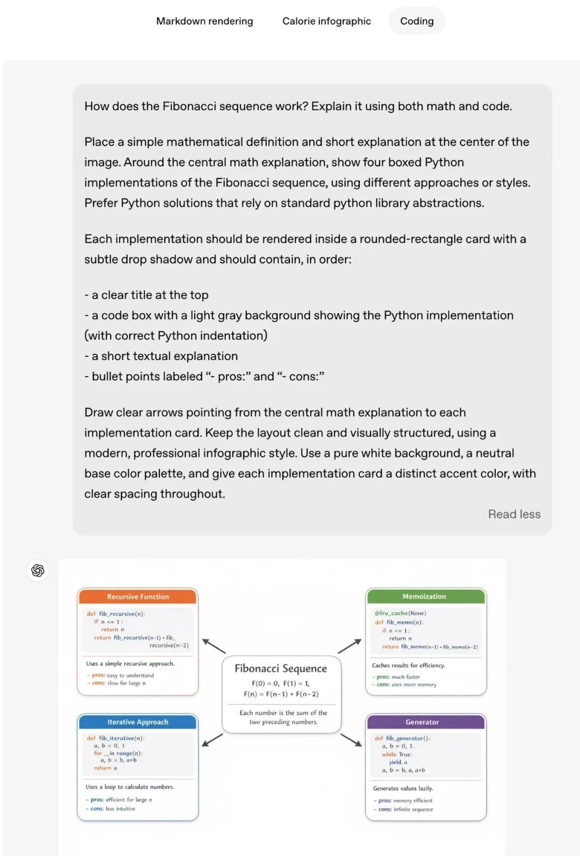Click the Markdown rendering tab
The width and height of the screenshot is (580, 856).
click(x=205, y=21)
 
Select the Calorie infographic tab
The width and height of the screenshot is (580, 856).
click(x=327, y=21)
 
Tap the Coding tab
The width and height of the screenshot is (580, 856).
click(x=417, y=21)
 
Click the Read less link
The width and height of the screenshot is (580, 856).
click(x=514, y=514)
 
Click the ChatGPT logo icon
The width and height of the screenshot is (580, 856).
click(x=38, y=570)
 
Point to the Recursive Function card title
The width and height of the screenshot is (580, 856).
click(x=138, y=596)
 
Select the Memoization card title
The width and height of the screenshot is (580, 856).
click(x=424, y=596)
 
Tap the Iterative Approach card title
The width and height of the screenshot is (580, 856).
click(x=138, y=722)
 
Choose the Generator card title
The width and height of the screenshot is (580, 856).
click(x=422, y=722)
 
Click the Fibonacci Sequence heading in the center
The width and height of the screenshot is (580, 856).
click(x=281, y=668)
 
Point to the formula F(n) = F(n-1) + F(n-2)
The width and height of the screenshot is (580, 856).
click(x=281, y=694)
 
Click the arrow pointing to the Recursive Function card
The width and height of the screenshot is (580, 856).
click(x=214, y=646)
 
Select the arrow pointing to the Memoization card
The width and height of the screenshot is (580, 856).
click(x=350, y=646)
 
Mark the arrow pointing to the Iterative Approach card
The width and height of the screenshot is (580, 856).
click(x=213, y=740)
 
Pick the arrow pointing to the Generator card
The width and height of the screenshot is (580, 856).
click(x=351, y=740)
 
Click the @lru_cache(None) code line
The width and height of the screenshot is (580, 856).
click(x=401, y=613)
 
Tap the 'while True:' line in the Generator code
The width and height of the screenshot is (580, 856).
click(x=397, y=754)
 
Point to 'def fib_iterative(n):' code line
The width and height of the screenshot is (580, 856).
click(x=116, y=738)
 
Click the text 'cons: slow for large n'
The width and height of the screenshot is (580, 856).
click(x=119, y=684)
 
